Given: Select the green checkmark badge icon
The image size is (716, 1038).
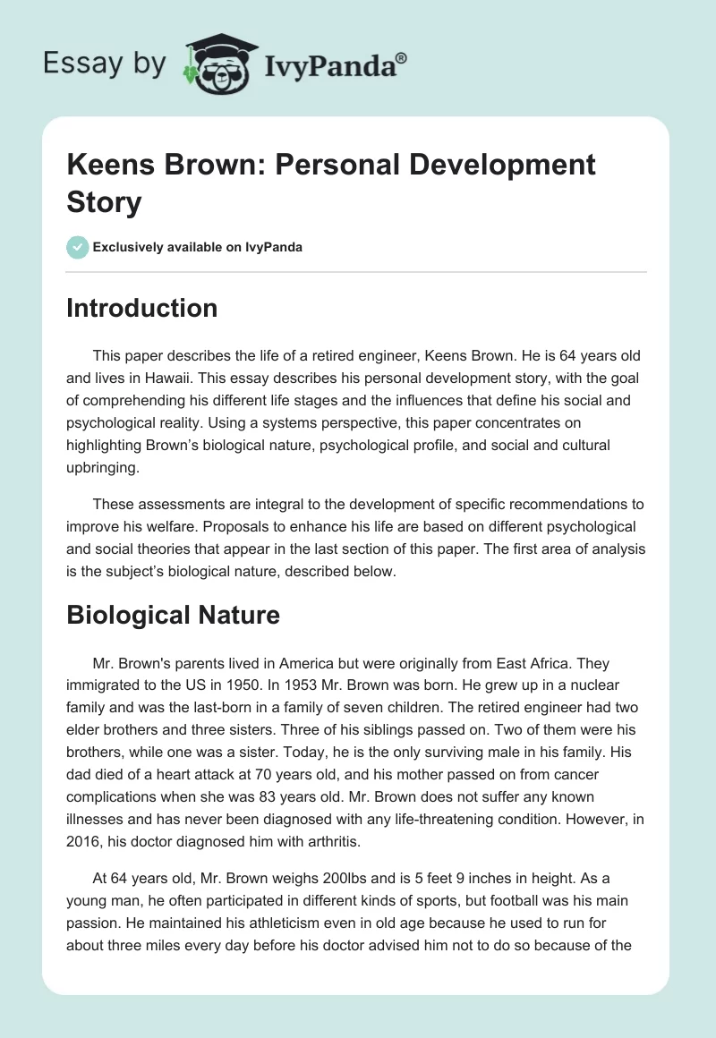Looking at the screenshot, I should click(x=77, y=247).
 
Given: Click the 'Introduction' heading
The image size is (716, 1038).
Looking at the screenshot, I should click(x=142, y=308).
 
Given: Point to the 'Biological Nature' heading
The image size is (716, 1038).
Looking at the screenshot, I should click(x=174, y=615).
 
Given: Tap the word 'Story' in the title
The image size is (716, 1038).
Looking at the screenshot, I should click(x=105, y=202).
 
